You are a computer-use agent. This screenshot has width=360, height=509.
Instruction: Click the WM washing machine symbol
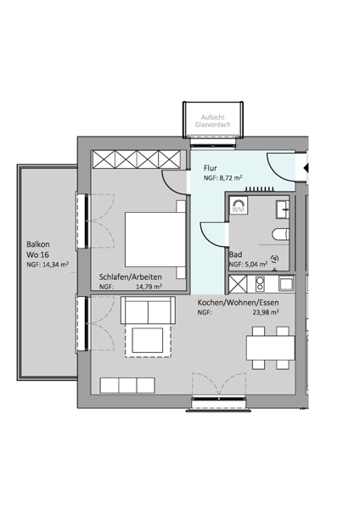click(x=239, y=205)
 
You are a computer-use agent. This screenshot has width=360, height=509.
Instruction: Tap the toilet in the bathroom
click(x=280, y=234)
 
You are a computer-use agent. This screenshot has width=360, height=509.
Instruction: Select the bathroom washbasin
click(x=283, y=210)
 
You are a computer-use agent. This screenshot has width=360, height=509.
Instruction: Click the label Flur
click(x=211, y=168)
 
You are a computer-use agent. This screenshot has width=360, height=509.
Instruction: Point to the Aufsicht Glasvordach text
click(x=213, y=120)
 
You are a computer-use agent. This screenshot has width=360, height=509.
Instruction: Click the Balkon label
click(x=38, y=244)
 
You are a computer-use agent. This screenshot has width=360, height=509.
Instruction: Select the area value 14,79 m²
click(x=149, y=287)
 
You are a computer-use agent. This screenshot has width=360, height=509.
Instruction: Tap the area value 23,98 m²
click(x=266, y=312)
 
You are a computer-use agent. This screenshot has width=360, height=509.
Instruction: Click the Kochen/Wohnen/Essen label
click(x=238, y=303)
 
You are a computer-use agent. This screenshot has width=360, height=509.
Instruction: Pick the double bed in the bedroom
click(x=155, y=239)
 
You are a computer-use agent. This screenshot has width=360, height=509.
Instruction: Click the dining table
click(x=270, y=348)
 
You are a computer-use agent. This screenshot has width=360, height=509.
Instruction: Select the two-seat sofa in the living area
click(x=148, y=310)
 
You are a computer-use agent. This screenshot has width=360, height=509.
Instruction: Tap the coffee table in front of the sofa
click(x=148, y=340)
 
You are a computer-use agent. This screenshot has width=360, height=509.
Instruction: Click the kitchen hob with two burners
click(x=260, y=283)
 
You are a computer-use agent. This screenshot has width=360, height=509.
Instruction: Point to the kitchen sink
click(x=286, y=284)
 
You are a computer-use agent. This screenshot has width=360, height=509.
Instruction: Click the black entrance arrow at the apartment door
click(x=306, y=168)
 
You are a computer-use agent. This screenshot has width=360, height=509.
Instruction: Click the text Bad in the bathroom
click(x=235, y=255)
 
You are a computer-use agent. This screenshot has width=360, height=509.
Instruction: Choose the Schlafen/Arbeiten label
click(x=130, y=277)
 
